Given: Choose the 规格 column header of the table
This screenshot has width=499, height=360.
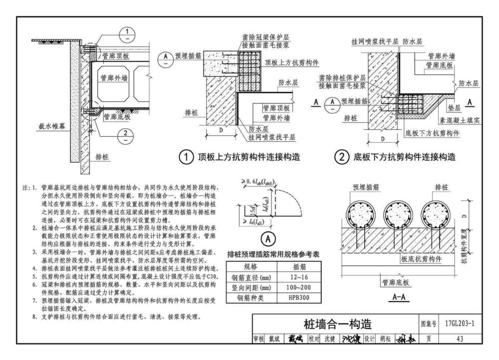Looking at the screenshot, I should coord(249,266).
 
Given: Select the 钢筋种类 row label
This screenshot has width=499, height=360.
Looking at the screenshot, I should coord(249,298).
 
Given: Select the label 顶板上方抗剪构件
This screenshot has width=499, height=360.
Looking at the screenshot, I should coord(292,62).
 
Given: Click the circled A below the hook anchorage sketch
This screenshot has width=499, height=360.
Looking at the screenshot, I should coord(267,239).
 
